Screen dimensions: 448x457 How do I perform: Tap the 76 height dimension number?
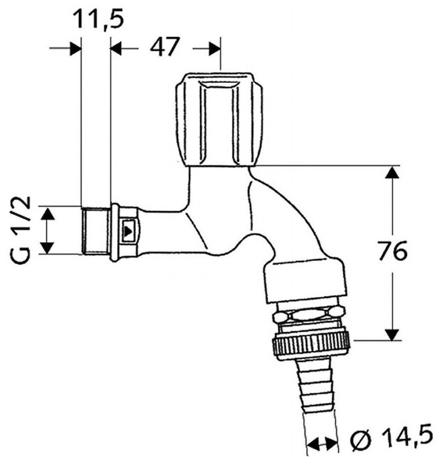[x=392, y=250]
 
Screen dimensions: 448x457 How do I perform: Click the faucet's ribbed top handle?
[x=219, y=119]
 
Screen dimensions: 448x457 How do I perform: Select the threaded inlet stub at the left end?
[x=96, y=230]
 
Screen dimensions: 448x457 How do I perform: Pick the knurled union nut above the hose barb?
[x=311, y=346]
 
